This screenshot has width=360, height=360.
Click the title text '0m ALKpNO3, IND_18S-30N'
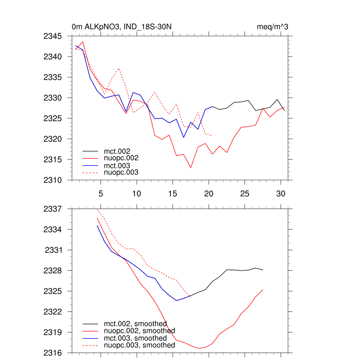click(121, 27)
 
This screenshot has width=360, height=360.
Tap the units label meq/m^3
click(273, 27)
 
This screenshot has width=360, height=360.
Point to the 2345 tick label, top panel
click(52, 36)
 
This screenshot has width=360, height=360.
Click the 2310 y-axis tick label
click(52, 180)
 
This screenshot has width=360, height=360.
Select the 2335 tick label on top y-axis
click(52, 77)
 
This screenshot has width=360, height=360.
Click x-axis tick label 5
click(101, 194)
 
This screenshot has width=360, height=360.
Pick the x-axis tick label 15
click(173, 194)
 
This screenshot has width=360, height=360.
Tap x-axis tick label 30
click(281, 194)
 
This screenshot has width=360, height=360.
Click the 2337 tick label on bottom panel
click(52, 209)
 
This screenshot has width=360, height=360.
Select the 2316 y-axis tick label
click(52, 353)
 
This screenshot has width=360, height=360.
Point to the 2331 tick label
click(53, 250)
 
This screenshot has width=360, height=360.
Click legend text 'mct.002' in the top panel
click(115, 152)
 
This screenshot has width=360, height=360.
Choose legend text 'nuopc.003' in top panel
click(121, 172)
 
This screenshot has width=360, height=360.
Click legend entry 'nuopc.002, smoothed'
click(139, 331)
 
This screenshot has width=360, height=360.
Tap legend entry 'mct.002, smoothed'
click(135, 324)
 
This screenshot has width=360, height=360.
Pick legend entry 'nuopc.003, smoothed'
click(139, 345)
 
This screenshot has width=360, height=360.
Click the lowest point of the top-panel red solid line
click(191, 168)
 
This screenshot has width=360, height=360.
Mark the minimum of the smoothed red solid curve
click(198, 348)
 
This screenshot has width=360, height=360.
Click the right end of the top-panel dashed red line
click(212, 135)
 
